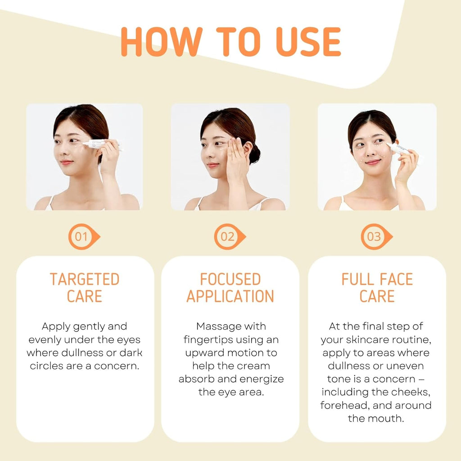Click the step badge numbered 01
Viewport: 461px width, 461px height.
coord(82,236)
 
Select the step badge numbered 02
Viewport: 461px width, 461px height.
coord(228,236)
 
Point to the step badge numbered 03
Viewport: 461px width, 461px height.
coord(375,236)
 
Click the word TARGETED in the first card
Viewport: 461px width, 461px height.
coord(85,279)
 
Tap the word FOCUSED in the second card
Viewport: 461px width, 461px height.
coord(230,279)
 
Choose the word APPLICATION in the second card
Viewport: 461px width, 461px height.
coord(230,296)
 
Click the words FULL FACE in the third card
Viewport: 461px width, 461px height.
coord(377,279)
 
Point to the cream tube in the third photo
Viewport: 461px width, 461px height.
coord(399,148)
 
